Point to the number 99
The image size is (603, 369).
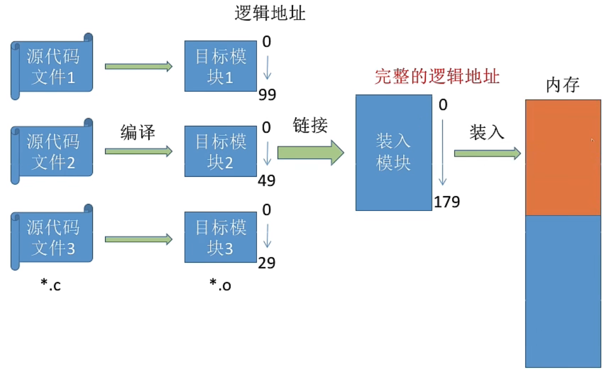pos(267,95)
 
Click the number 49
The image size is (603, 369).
pos(267,181)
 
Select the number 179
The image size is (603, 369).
pos(447,202)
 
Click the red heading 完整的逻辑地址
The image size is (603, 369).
pos(437,77)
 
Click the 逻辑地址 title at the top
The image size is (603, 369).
pos(270,14)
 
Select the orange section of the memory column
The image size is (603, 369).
pos(563,157)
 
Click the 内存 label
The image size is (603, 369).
pos(563,86)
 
